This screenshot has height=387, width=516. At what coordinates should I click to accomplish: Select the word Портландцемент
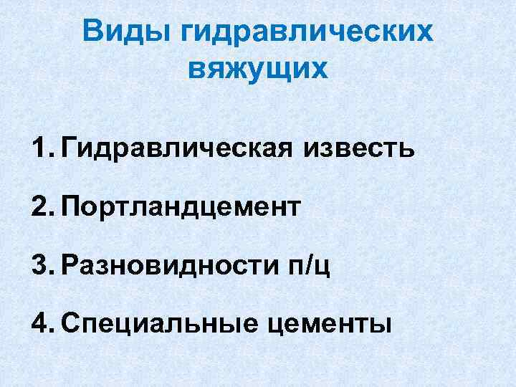pyautogui.click(x=181, y=208)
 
